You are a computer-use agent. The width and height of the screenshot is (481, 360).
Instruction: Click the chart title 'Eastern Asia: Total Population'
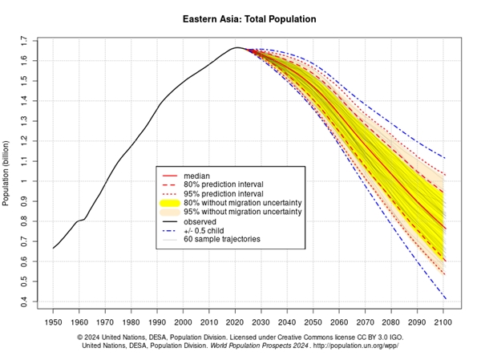(x=249, y=17)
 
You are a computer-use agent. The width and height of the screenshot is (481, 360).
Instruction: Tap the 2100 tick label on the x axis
(x=443, y=322)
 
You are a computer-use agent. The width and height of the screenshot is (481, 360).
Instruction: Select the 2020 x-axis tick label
(x=235, y=322)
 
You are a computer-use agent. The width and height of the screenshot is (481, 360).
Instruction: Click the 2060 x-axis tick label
(x=339, y=322)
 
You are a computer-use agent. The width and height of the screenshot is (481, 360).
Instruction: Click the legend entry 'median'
(x=196, y=175)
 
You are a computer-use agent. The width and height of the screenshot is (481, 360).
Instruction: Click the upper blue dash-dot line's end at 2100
(x=443, y=157)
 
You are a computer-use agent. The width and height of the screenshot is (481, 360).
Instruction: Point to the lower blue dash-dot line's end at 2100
(x=443, y=299)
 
